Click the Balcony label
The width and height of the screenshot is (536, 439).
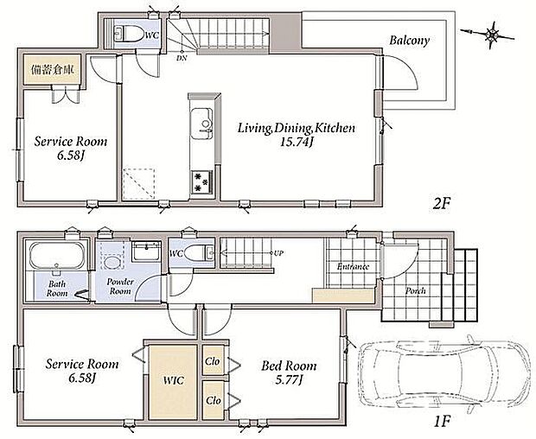(x=409, y=41)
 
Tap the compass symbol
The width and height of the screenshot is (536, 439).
(x=492, y=34)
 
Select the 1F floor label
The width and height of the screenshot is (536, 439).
(x=441, y=422)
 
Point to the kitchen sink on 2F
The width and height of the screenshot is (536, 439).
(x=201, y=124)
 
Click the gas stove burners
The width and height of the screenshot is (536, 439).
(x=201, y=181)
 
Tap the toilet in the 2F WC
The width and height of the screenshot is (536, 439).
(x=129, y=34)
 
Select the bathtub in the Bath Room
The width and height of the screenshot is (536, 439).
(x=57, y=255)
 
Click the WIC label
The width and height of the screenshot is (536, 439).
(x=173, y=380)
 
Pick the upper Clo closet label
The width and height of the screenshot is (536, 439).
(x=213, y=360)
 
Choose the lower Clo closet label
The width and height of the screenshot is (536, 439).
(x=213, y=400)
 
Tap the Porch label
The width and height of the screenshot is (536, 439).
(x=415, y=290)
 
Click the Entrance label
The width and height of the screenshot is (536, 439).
(x=353, y=266)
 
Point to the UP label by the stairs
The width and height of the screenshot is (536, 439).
(x=278, y=253)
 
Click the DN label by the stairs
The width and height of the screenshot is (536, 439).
(x=182, y=58)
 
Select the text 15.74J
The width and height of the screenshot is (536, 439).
(x=297, y=142)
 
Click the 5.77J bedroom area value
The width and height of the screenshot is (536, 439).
(x=289, y=379)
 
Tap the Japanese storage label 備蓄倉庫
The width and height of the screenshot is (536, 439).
(x=53, y=70)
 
